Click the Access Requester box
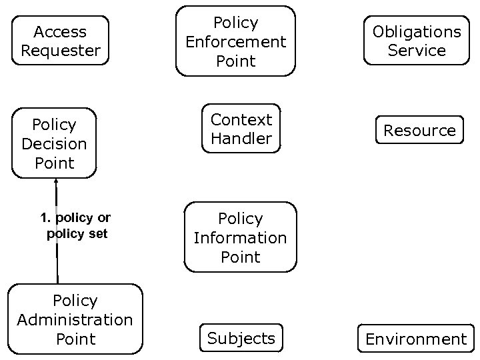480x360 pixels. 60,41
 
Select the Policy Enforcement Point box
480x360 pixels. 235,41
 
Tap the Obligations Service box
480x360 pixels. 417,41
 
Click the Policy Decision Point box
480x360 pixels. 54,143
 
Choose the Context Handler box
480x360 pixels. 241,129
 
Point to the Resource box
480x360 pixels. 419,131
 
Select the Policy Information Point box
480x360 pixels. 240,238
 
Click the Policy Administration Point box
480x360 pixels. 75,319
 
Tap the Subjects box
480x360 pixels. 241,338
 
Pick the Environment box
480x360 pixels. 416,339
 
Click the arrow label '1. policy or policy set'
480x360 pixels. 75,226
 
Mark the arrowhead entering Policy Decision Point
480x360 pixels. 57,181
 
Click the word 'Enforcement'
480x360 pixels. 235,42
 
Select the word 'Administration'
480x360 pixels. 75,320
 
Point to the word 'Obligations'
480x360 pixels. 417,31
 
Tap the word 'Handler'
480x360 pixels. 241,139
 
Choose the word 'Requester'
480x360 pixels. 60,50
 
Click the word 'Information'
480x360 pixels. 240,238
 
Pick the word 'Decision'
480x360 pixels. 54,144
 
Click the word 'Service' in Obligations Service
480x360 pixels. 417,51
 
